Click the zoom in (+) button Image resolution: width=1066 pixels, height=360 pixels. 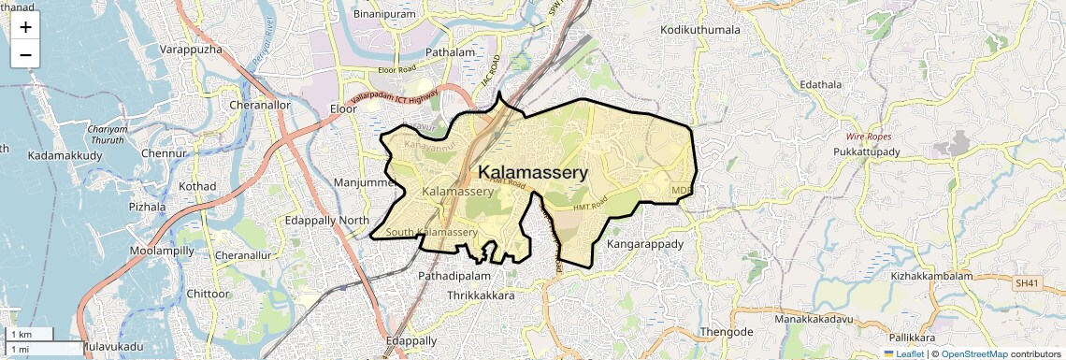[x=25, y=26]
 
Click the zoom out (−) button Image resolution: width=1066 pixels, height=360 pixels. [x=25, y=54]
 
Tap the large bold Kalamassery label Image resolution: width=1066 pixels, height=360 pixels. [x=533, y=173]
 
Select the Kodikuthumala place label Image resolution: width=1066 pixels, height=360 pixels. [x=700, y=30]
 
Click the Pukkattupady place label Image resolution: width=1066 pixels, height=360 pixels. [x=867, y=151]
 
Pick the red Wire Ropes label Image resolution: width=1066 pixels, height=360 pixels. [x=869, y=137]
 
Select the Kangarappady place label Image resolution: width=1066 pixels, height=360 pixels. [x=645, y=244]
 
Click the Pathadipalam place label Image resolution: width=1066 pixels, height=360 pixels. [x=454, y=277]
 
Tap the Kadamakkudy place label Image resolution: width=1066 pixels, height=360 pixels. [x=65, y=154]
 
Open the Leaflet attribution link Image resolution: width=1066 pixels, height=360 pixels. [x=904, y=353]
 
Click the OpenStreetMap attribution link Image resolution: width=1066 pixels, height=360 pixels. [x=973, y=353]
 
